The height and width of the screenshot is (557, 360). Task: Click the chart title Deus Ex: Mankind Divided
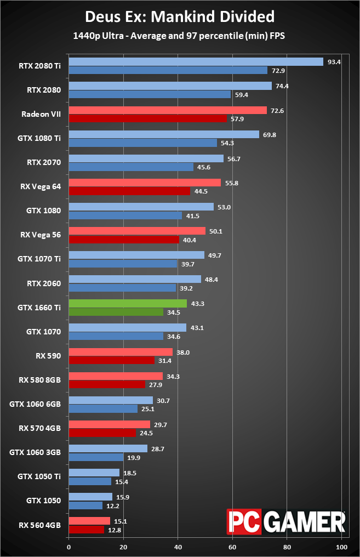[180, 17]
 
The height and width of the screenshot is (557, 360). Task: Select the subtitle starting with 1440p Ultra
[180, 36]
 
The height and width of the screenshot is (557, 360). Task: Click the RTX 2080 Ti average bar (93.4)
[196, 62]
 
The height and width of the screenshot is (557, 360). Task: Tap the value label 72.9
[277, 71]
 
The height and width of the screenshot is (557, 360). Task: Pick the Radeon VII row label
[41, 114]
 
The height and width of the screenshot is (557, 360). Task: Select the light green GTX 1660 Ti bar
[128, 303]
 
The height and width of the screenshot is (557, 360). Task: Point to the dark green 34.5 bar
[116, 312]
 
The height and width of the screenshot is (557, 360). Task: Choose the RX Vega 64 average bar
[145, 183]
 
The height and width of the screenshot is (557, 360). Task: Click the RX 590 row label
[49, 356]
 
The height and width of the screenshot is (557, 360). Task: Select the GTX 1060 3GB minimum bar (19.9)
[96, 457]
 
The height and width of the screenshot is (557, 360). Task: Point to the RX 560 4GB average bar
[89, 521]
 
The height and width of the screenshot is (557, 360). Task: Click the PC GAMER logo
[286, 521]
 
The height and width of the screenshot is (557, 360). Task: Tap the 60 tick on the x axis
[232, 547]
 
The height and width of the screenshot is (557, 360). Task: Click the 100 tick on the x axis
[341, 547]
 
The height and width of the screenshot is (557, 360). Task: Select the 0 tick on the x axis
[69, 547]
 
